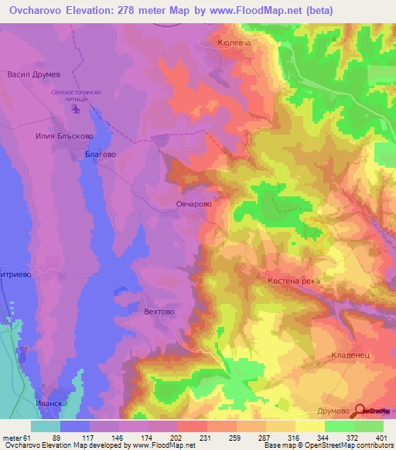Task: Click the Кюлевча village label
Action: [x=235, y=45]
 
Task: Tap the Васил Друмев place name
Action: [x=33, y=75]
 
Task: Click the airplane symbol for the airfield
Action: [x=76, y=111]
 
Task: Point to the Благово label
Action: [x=100, y=155]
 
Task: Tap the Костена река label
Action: [x=293, y=281]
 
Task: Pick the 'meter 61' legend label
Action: [x=15, y=438]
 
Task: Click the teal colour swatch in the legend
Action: [x=46, y=426]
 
